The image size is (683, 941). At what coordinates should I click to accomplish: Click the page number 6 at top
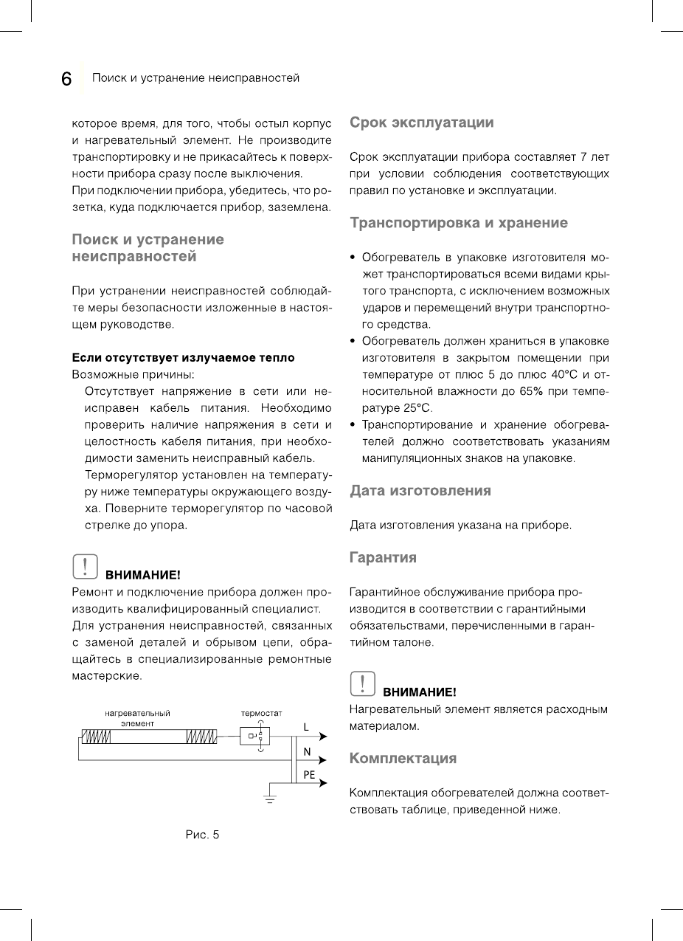click(66, 79)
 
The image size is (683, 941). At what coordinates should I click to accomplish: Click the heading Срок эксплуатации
click(421, 123)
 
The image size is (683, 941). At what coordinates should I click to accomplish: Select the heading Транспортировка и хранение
click(458, 223)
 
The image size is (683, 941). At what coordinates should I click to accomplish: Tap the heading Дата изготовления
click(420, 491)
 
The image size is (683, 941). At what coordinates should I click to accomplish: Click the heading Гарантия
click(383, 558)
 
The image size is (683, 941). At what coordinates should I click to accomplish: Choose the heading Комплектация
click(403, 759)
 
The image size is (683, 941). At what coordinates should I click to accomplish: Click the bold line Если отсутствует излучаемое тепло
click(183, 358)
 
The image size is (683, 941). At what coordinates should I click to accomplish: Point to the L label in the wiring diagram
click(306, 727)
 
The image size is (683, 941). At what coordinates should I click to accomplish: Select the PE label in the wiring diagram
click(309, 775)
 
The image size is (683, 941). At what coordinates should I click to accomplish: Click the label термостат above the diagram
click(262, 714)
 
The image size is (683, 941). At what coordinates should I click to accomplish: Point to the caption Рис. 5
click(202, 835)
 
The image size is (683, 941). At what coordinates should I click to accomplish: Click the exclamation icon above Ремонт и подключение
click(85, 566)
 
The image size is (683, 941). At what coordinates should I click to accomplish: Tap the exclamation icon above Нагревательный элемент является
click(362, 683)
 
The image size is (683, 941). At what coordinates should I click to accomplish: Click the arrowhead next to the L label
click(322, 737)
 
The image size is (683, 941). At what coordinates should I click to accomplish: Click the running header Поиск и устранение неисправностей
click(195, 78)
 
